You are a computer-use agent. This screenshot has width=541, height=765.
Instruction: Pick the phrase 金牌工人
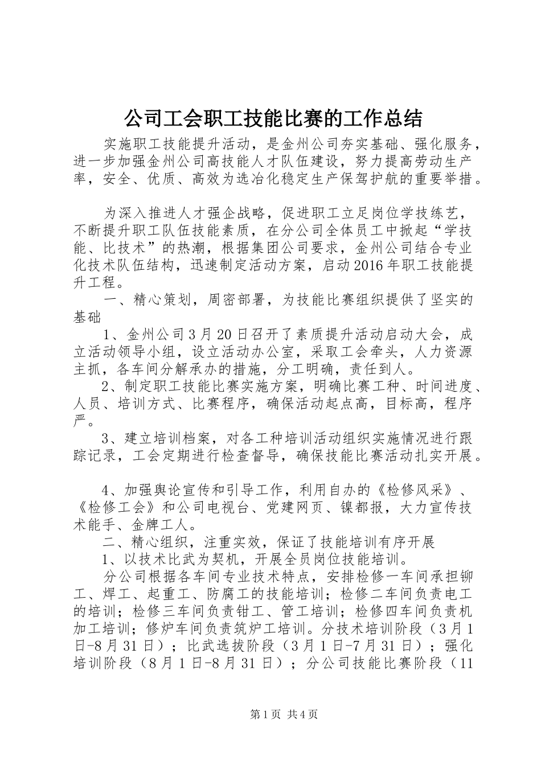(x=162, y=524)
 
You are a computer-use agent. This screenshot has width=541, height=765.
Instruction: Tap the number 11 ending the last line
(x=466, y=664)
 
